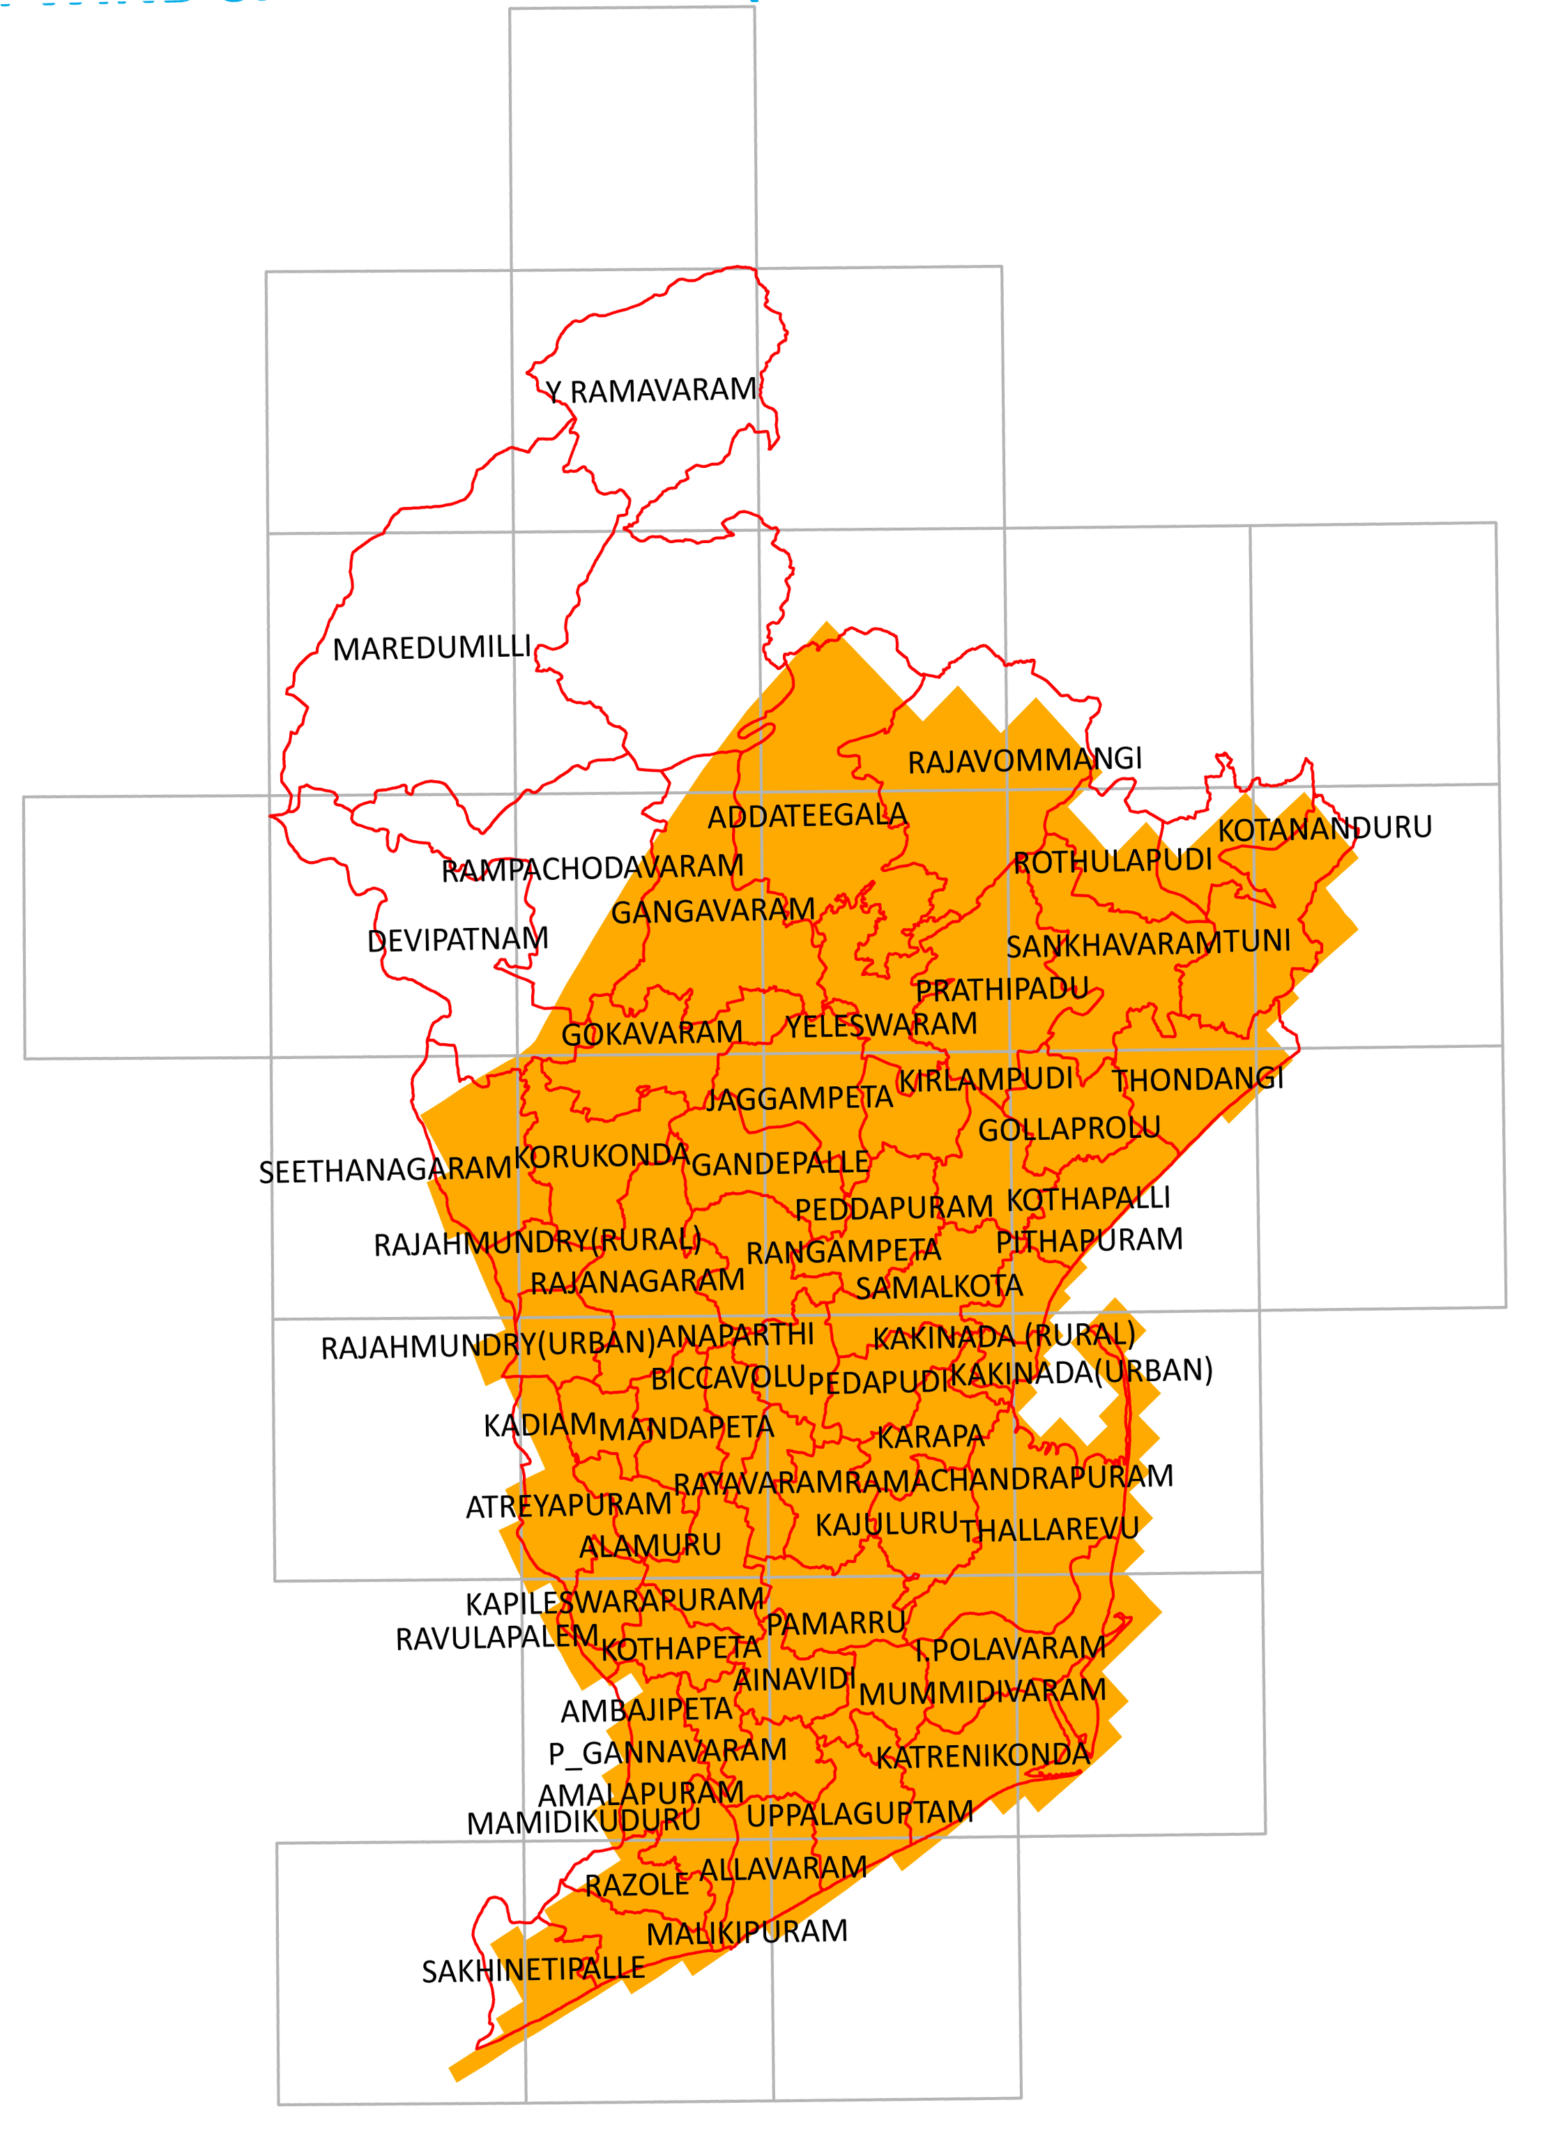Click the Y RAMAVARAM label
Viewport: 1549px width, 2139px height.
click(x=650, y=390)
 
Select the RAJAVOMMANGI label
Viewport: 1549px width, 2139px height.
click(x=1024, y=760)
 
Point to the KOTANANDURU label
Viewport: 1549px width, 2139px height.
click(x=1325, y=829)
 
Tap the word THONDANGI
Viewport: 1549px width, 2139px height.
click(x=1198, y=1079)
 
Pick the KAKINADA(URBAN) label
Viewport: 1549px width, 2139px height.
click(x=1081, y=1372)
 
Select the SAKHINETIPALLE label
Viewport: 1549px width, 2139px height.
click(x=533, y=1970)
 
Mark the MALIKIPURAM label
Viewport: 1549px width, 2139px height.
click(x=747, y=1933)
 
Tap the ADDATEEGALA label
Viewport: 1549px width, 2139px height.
click(x=807, y=816)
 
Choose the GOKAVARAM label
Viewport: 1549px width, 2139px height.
click(x=652, y=1034)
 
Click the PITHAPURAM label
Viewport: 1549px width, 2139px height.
click(x=1089, y=1240)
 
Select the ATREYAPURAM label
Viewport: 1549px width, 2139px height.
click(x=568, y=1506)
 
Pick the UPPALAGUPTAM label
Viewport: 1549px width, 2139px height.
click(x=859, y=1813)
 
